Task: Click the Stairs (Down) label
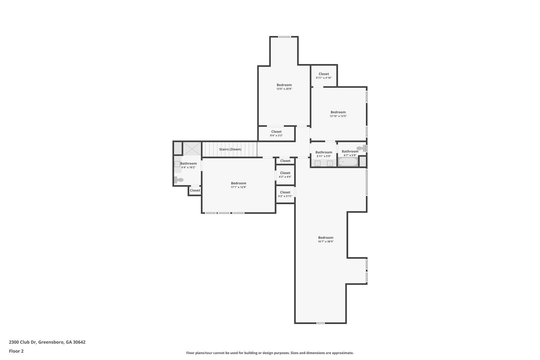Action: click(230, 149)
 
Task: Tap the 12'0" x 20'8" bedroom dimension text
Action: click(284, 89)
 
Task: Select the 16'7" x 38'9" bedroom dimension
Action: click(326, 241)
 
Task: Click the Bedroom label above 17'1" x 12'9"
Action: click(238, 183)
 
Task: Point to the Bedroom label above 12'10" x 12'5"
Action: click(338, 112)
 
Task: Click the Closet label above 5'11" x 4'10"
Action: click(324, 74)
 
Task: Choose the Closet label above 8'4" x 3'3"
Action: click(276, 132)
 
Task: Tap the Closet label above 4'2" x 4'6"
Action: click(285, 173)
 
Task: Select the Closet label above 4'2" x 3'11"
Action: click(285, 192)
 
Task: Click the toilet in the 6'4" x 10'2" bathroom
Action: click(179, 180)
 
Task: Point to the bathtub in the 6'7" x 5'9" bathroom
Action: click(348, 162)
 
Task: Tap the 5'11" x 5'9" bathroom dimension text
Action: click(324, 156)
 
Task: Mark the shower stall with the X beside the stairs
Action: click(192, 149)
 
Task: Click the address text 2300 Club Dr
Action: click(23, 342)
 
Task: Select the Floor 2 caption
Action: click(16, 351)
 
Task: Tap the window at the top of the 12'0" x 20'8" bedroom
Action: click(284, 37)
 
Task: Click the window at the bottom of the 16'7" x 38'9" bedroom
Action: click(320, 323)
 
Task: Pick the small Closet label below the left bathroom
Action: click(195, 190)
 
